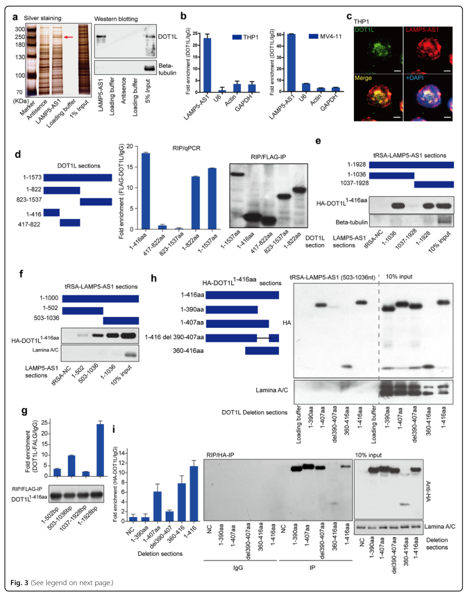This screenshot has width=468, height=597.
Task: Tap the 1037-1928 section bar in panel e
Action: point(434,184)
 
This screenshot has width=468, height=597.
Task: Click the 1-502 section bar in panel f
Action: point(82,310)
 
